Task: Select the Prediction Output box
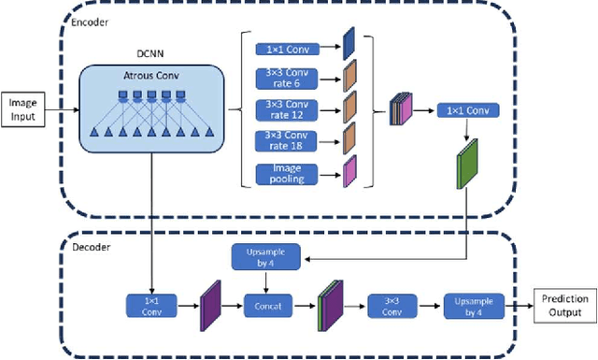point(565,305)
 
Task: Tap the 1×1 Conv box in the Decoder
point(151,305)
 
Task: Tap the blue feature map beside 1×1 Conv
point(349,43)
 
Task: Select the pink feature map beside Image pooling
point(349,172)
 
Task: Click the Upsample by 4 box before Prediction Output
point(473,305)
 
